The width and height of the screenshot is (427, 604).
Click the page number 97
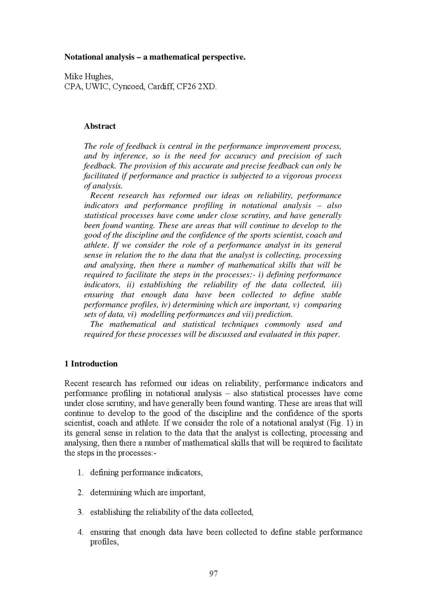point(213,573)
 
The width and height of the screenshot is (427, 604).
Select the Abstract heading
point(100,126)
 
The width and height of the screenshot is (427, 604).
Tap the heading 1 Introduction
point(91,364)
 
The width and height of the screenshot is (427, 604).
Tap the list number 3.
point(80,512)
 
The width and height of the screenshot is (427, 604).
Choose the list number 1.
point(80,473)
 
